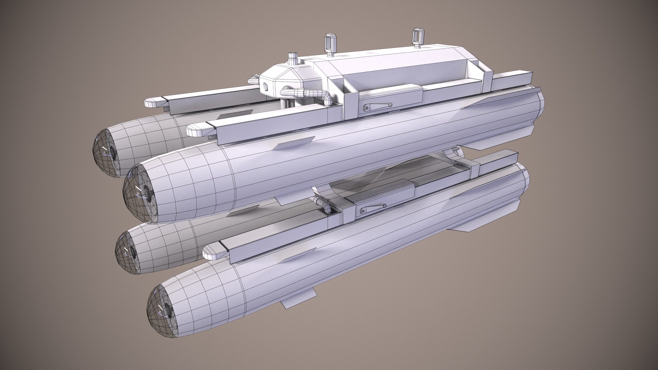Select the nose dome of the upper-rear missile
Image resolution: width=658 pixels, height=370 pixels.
pos(102,152)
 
